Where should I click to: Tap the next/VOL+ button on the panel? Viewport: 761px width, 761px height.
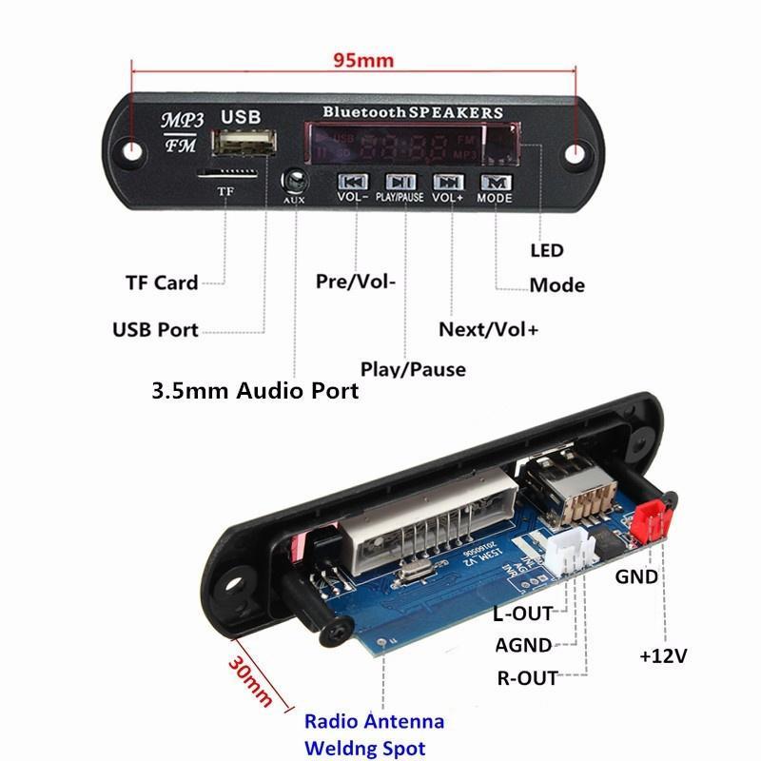(x=447, y=181)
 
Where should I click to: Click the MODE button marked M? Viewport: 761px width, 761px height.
(x=495, y=181)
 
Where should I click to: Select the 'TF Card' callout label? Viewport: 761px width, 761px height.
(x=162, y=283)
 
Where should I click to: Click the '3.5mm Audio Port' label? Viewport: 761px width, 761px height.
(x=256, y=390)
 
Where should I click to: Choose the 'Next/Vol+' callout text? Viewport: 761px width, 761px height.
(x=488, y=330)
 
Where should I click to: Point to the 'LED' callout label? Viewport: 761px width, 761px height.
(x=547, y=251)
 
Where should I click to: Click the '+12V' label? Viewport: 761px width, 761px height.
(x=663, y=656)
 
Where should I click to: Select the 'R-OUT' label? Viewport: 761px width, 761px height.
(x=527, y=677)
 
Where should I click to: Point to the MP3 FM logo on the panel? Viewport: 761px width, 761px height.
(x=182, y=131)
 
